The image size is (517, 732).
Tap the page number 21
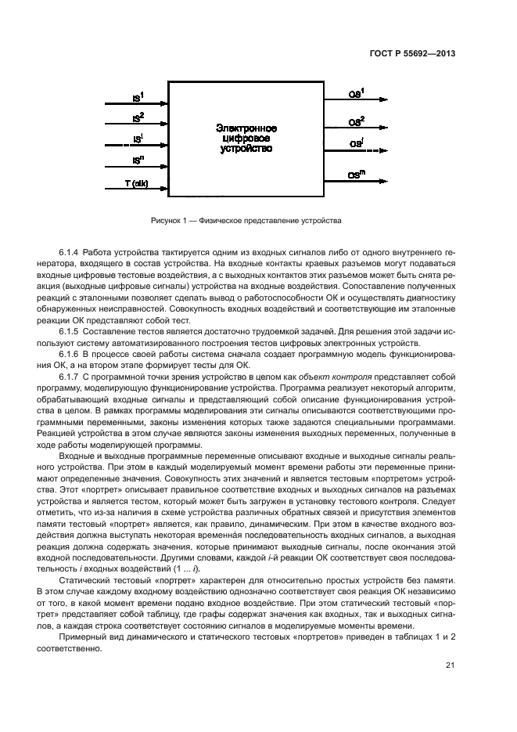coord(450,665)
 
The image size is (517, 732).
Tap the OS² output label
coord(356,121)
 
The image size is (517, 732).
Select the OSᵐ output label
coord(356,175)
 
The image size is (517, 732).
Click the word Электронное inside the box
coord(246,128)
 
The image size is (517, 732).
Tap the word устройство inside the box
coord(246,148)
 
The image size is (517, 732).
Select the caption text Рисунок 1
coord(169,221)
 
